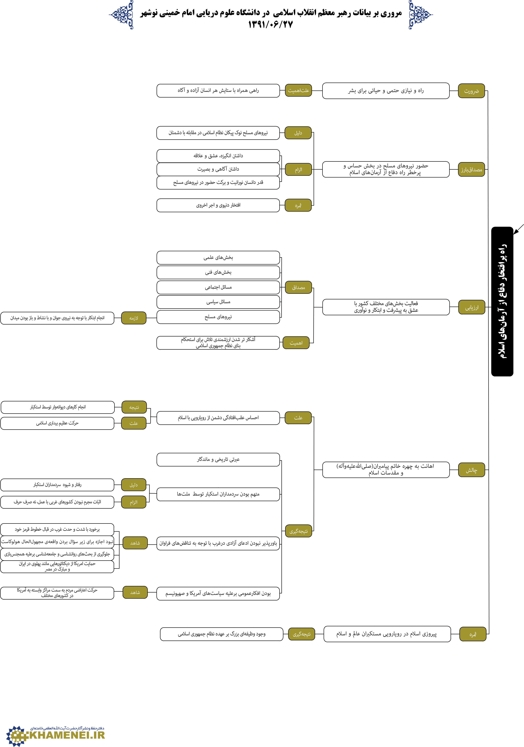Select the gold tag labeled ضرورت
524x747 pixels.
click(x=471, y=91)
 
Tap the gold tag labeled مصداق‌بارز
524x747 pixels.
click(x=471, y=169)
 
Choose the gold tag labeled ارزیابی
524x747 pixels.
click(x=472, y=307)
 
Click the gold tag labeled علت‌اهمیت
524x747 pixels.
click(x=298, y=90)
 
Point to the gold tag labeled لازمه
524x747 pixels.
click(x=134, y=318)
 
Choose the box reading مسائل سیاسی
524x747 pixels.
click(x=218, y=302)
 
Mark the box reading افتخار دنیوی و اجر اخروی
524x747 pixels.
click(x=218, y=205)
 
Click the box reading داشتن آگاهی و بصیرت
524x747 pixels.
click(x=218, y=169)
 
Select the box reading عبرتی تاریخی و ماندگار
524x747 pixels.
click(x=218, y=459)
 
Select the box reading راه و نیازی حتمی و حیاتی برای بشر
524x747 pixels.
click(x=386, y=91)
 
